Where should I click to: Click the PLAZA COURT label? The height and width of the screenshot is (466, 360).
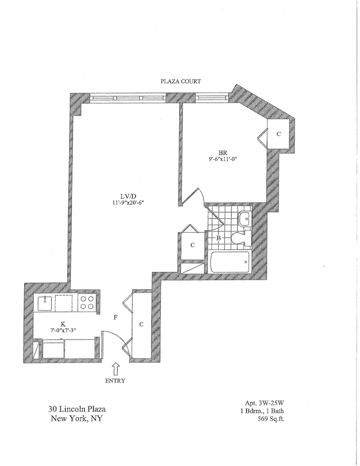[x=180, y=81]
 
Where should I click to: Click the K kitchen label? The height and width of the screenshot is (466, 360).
[x=62, y=322]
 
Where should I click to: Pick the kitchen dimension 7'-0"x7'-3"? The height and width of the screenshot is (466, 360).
[x=62, y=329]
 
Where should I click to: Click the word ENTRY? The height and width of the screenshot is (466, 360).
[x=115, y=380]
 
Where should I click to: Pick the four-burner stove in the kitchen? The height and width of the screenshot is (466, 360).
[x=87, y=303]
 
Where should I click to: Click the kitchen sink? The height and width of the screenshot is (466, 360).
[x=46, y=303]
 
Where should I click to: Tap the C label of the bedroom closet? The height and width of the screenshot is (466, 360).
[x=279, y=134]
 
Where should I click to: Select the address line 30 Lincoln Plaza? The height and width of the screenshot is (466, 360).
[x=76, y=409]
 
